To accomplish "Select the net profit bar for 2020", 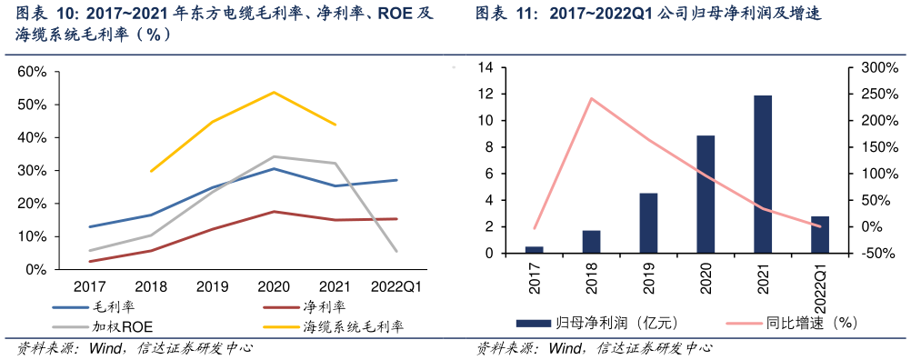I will [x=706, y=195].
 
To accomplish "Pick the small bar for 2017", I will [x=535, y=250].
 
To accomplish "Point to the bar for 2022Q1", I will [x=820, y=235].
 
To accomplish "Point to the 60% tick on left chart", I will [x=32, y=72].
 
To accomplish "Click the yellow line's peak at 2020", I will [x=274, y=92].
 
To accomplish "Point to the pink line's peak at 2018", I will [x=592, y=98].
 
